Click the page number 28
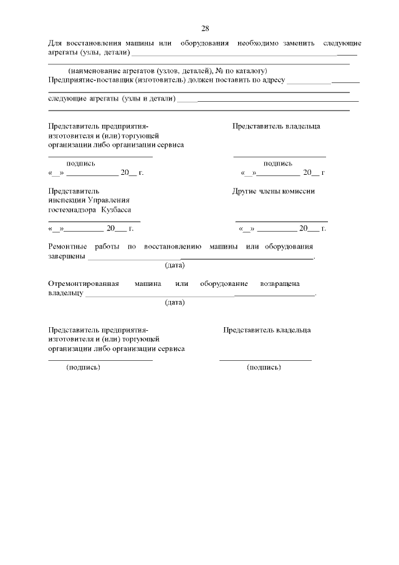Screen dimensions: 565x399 pos(205,28)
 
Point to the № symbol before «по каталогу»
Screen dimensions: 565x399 pos(219,71)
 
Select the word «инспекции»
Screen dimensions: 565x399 pos(65,200)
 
